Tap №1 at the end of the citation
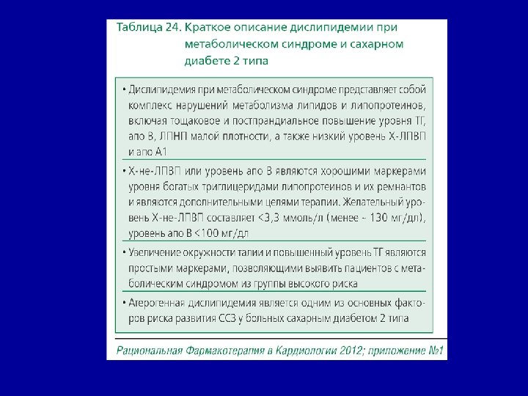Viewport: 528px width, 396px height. pos(436,351)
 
